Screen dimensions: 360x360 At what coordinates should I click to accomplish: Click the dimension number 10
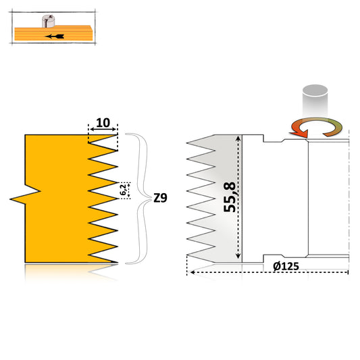(x=103, y=122)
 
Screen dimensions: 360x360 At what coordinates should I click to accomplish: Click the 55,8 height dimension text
(x=230, y=196)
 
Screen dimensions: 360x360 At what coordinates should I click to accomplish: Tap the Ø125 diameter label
(x=287, y=265)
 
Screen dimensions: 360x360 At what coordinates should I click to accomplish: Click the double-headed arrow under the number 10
(x=103, y=130)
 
